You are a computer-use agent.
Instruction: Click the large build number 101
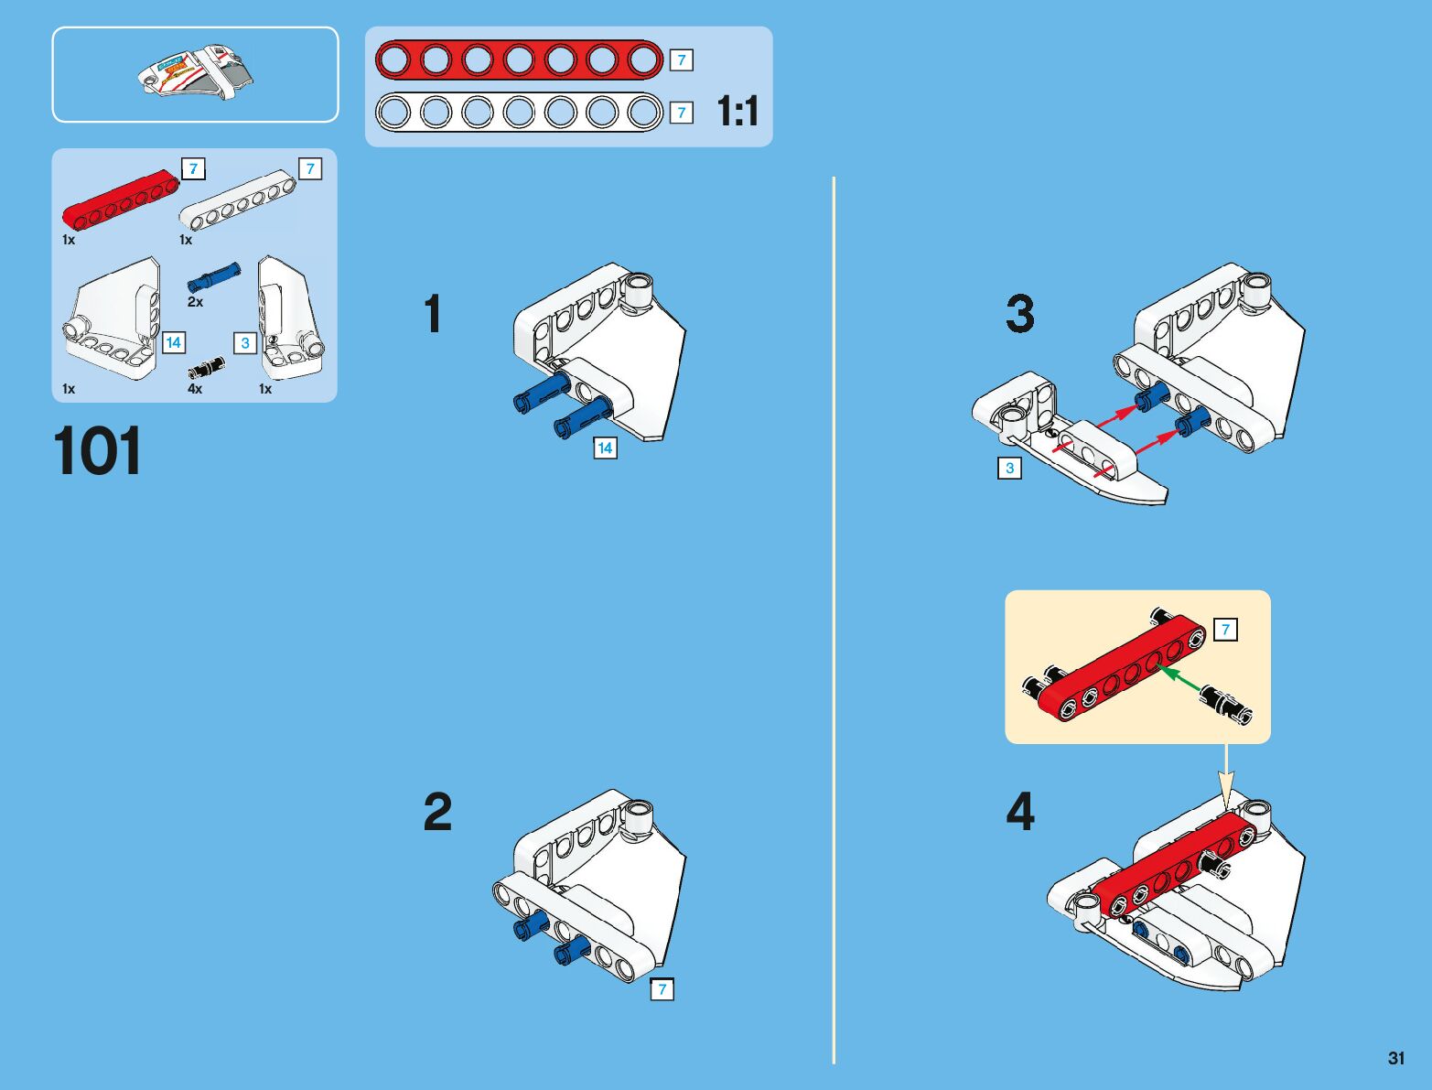click(97, 451)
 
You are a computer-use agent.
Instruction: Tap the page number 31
click(1395, 1057)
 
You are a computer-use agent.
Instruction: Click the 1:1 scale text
click(738, 111)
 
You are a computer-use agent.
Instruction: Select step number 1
click(433, 313)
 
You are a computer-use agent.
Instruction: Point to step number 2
click(437, 812)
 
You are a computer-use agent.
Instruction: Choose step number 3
click(1020, 314)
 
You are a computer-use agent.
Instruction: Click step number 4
click(1020, 812)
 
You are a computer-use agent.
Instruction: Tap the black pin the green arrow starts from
click(1226, 705)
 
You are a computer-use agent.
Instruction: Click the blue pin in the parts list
click(213, 276)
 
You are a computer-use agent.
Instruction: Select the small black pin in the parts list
click(206, 367)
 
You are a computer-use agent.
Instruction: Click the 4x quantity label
click(194, 389)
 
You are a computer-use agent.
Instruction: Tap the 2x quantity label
click(195, 302)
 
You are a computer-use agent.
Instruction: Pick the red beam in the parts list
click(121, 200)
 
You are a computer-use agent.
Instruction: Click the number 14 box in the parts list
click(174, 342)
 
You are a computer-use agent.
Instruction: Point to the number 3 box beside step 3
click(1010, 468)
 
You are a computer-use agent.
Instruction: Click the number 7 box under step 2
click(662, 989)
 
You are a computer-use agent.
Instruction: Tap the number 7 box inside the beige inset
click(1225, 630)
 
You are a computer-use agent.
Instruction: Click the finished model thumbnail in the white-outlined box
click(196, 71)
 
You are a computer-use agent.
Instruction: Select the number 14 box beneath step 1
click(605, 448)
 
